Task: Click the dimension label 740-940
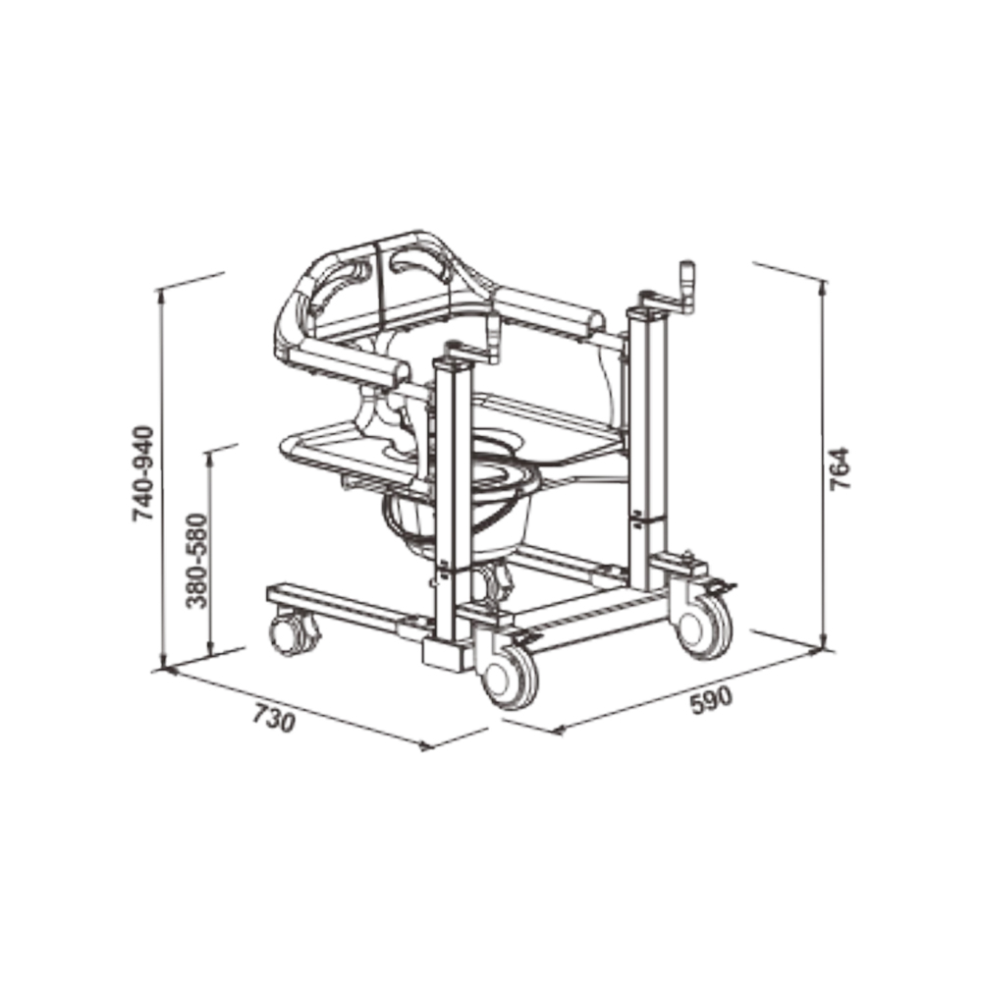[143, 473]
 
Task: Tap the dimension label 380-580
[196, 561]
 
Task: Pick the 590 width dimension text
[711, 701]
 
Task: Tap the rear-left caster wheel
[293, 633]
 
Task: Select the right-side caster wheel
[703, 625]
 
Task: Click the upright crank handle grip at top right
[689, 287]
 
